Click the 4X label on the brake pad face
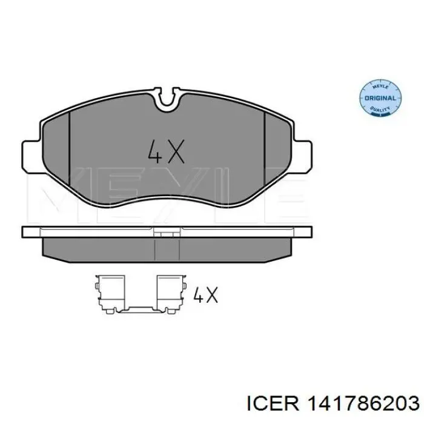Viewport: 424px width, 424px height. coord(167,151)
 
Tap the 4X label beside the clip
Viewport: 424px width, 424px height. coord(205,294)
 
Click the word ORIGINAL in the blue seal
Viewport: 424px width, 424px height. coord(380,98)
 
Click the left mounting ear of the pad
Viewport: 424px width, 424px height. coord(31,156)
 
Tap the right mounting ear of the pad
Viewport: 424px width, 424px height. coord(302,156)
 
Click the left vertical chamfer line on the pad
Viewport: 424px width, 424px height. coord(70,149)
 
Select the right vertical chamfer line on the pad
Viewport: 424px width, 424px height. coord(265,149)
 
